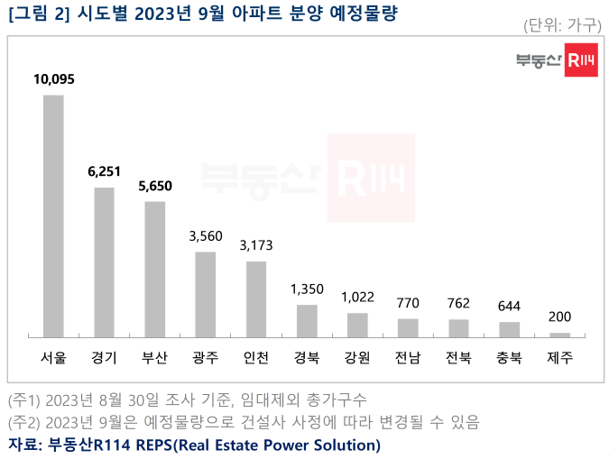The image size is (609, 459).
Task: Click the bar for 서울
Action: coord(53,216)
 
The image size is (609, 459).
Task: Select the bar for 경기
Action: coord(104,262)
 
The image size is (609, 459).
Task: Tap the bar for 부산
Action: coord(154,270)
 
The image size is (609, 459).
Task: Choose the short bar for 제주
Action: coord(559,335)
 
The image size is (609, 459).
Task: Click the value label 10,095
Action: coord(53,79)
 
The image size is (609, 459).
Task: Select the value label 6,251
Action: coord(104,172)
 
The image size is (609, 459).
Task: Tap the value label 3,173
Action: coord(256,245)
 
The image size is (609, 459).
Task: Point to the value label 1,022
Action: coord(357,297)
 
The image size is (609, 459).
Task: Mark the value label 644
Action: coord(510,306)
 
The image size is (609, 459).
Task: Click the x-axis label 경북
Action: coord(307,357)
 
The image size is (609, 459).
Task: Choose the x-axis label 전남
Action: coord(408,357)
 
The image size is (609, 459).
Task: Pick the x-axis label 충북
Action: coord(510,357)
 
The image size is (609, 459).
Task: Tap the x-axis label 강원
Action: coord(357,357)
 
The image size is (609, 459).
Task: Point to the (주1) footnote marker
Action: coord(25,399)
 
